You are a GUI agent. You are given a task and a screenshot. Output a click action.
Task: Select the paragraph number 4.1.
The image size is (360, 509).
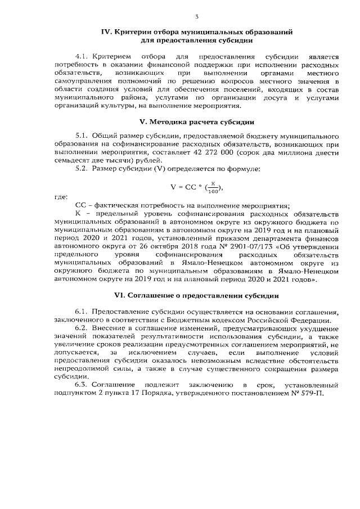pyautogui.click(x=83, y=57)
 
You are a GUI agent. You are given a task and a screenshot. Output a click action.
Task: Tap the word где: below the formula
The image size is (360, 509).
pyautogui.click(x=61, y=197)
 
